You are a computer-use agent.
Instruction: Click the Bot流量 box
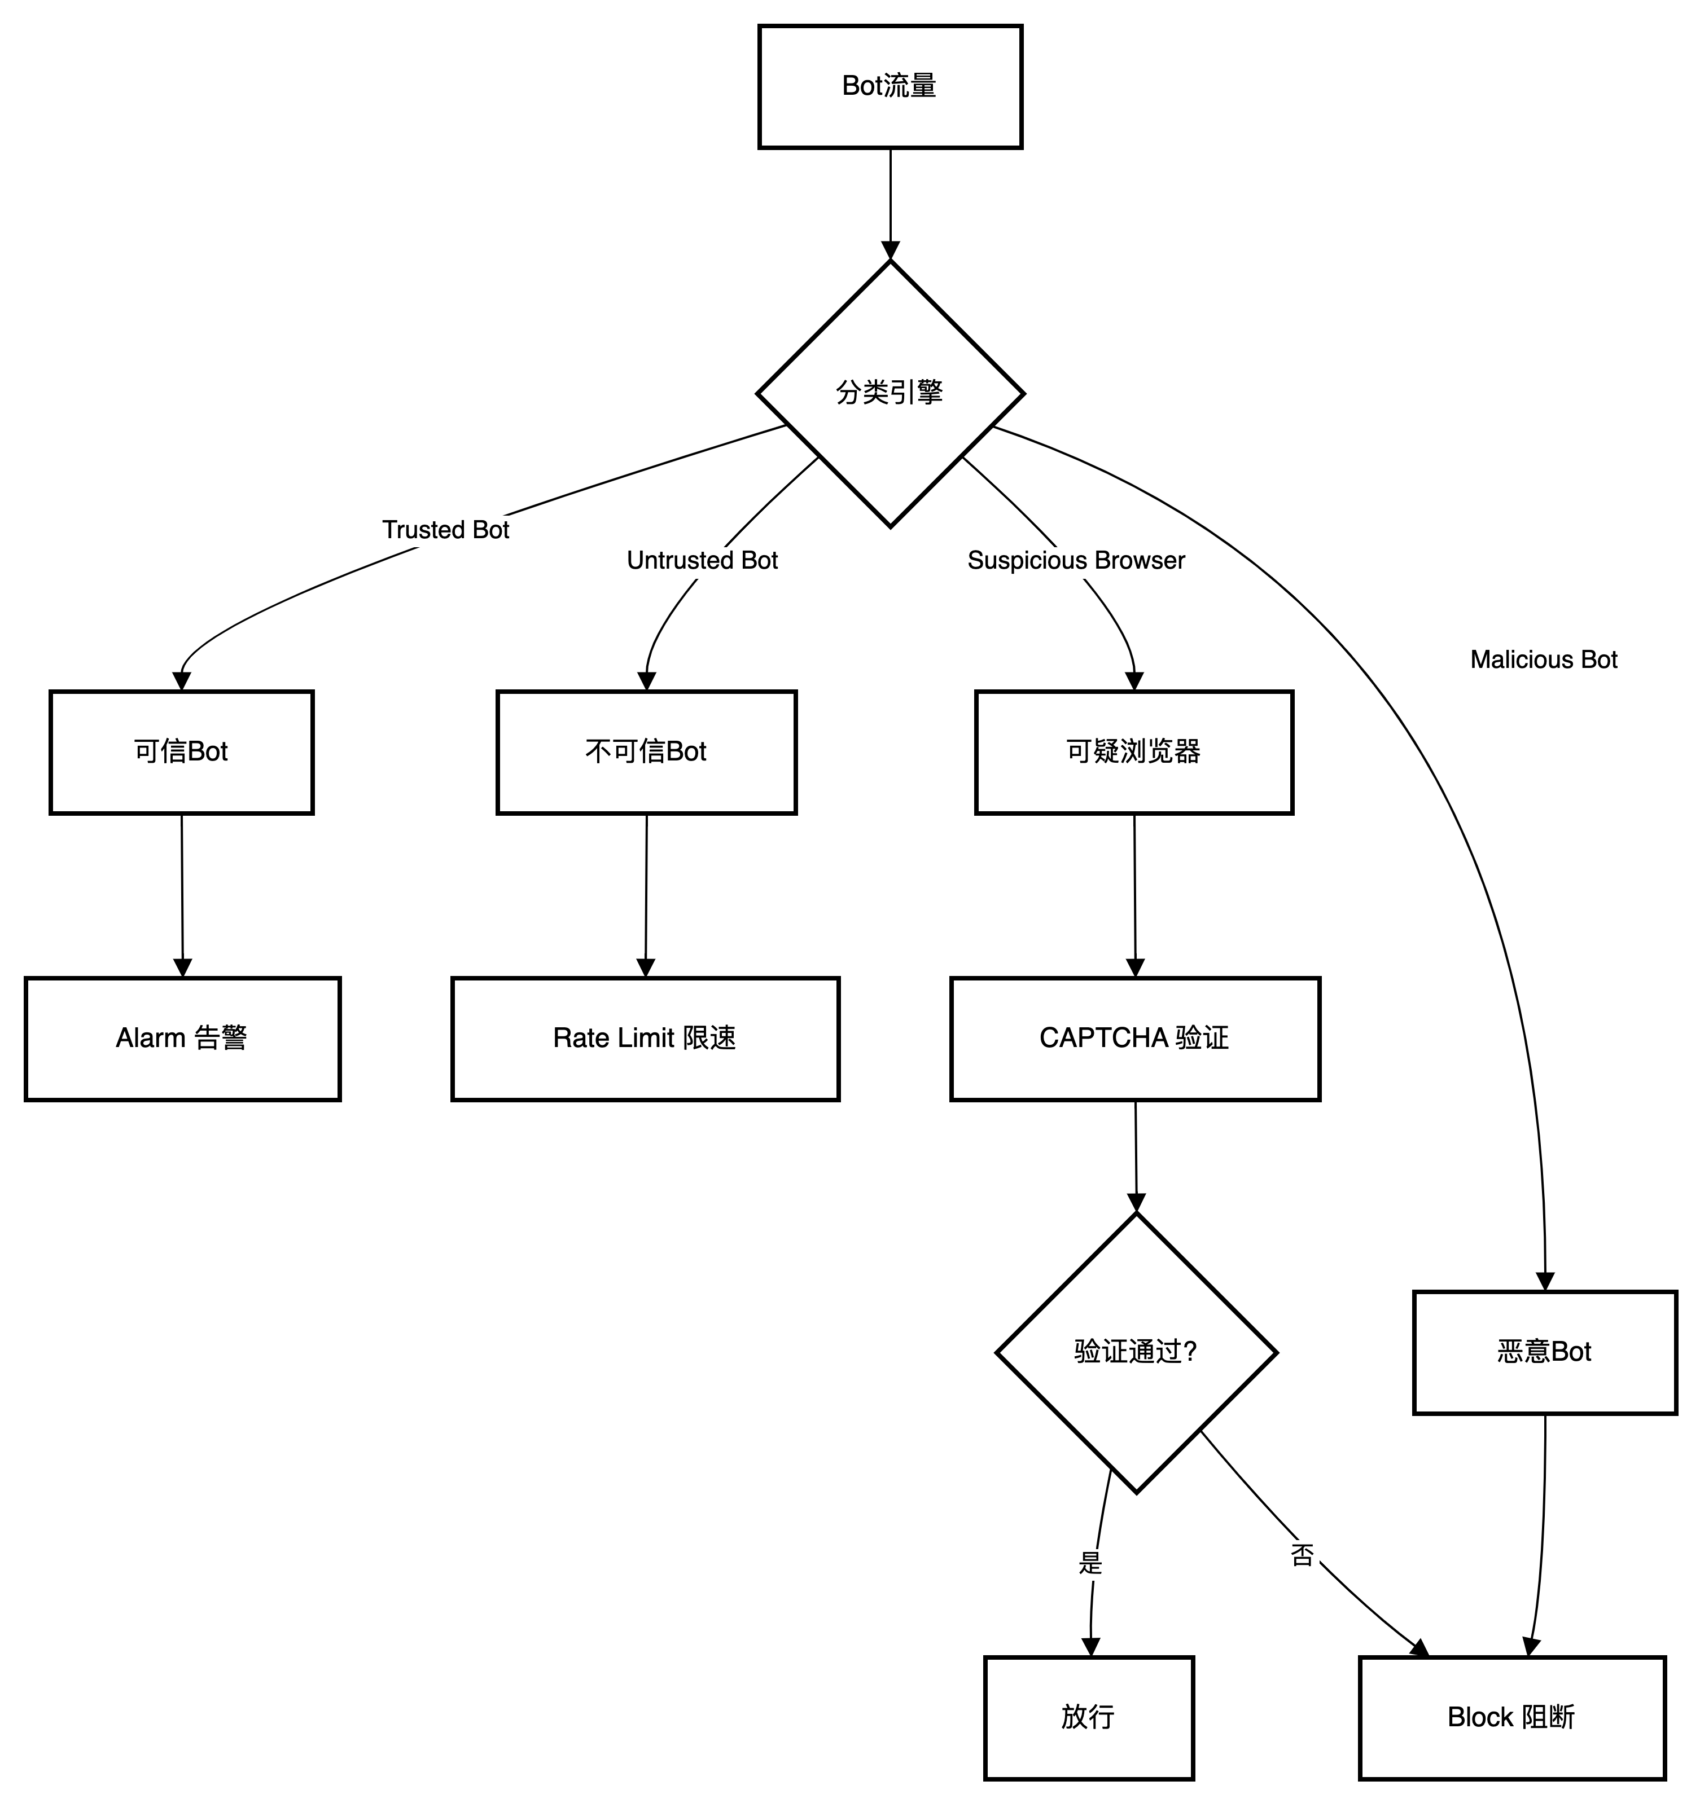coord(890,87)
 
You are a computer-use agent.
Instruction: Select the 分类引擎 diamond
coord(890,394)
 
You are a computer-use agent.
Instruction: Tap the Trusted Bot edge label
coord(447,530)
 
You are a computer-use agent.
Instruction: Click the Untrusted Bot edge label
coord(703,561)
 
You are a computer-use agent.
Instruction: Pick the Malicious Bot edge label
coord(1545,660)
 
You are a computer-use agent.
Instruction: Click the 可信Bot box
coord(181,752)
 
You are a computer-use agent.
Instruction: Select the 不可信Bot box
coord(646,752)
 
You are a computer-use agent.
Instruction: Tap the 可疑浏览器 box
coord(1134,752)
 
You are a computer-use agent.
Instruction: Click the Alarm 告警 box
coord(182,1039)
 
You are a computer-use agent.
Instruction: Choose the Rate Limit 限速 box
coord(645,1039)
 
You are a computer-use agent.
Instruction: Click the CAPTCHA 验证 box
coord(1135,1039)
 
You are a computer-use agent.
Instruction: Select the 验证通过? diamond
coord(1136,1352)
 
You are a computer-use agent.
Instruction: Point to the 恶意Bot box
coord(1545,1352)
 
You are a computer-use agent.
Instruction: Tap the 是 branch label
coord(1092,1564)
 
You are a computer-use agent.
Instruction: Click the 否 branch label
coord(1304,1556)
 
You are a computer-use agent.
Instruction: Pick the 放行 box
coord(1089,1718)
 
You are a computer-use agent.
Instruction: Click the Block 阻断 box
coord(1512,1718)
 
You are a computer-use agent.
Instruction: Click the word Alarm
coord(150,1039)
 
